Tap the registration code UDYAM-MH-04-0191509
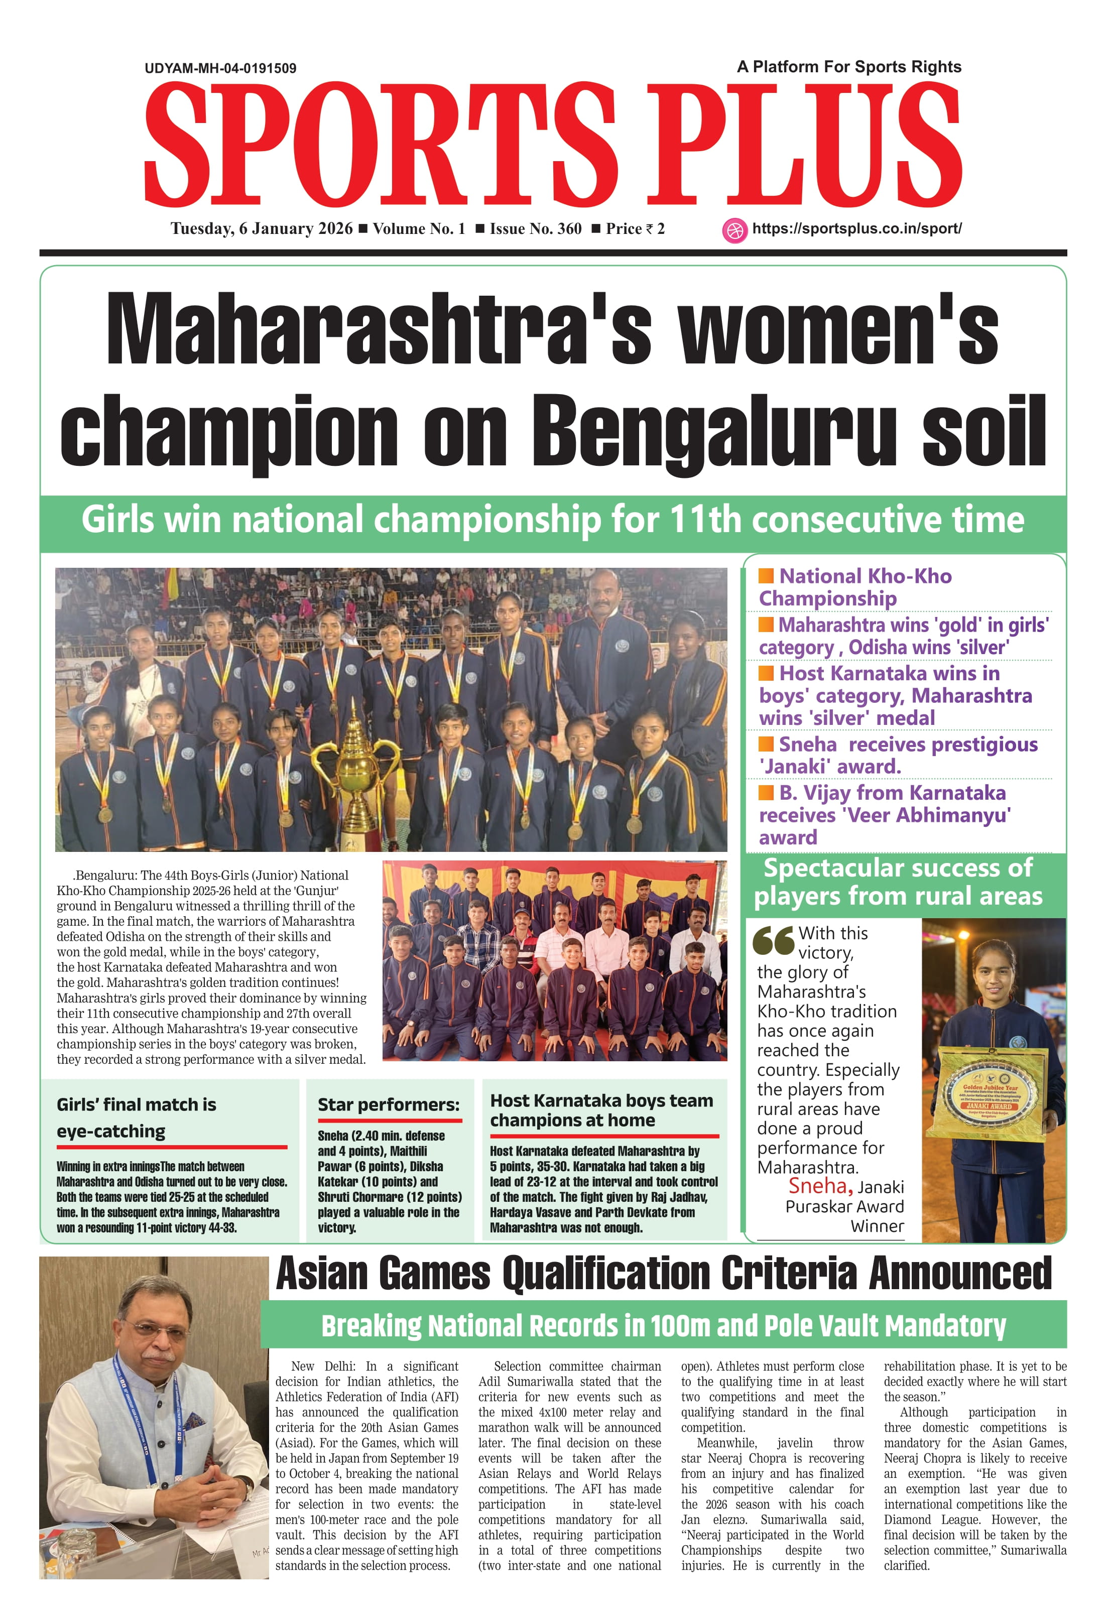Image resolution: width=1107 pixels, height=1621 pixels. (220, 68)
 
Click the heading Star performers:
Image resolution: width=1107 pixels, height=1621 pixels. (389, 1105)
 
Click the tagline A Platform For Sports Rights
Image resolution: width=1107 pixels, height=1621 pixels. (849, 67)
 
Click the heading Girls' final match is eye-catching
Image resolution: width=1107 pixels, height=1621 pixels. (137, 1117)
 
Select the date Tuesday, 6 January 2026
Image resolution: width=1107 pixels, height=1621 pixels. (262, 229)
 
